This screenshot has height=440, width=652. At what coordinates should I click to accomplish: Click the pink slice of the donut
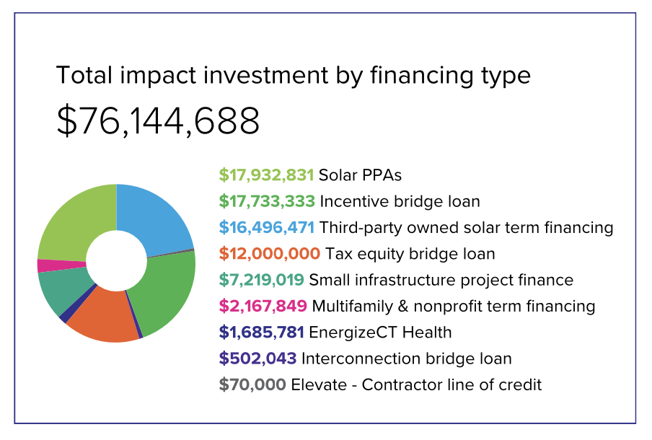[61, 265]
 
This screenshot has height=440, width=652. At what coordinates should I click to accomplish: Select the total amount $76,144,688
[158, 120]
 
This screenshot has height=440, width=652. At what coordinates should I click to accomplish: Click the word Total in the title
[84, 75]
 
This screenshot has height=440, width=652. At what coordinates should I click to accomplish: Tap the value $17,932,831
[266, 175]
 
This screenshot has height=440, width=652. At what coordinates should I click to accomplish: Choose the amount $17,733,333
[267, 201]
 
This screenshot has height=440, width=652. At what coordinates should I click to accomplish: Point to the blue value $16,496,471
[267, 227]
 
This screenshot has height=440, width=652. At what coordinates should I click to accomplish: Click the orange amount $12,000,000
[270, 254]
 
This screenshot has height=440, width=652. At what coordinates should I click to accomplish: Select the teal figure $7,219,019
[262, 280]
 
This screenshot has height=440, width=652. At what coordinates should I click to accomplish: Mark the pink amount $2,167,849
[263, 306]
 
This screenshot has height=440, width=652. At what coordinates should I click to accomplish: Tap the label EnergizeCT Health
[380, 333]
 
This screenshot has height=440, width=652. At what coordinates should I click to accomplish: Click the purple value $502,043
[257, 358]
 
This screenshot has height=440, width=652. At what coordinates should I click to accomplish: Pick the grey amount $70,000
[252, 384]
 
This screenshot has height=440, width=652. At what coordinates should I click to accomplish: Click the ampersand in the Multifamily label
[403, 307]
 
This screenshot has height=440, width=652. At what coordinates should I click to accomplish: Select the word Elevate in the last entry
[319, 384]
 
